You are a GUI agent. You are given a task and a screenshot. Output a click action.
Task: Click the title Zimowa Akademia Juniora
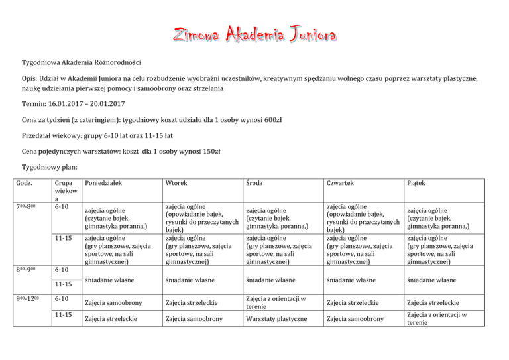tap(254, 34)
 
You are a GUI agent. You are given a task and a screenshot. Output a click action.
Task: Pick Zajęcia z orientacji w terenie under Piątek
tap(433, 319)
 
